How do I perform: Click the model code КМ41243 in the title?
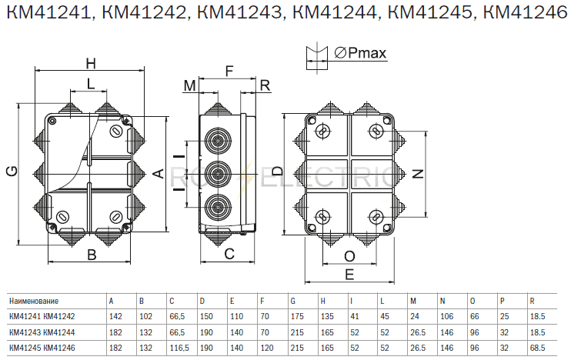pos(239,12)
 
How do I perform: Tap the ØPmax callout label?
pos(360,53)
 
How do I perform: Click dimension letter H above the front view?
pos(91,63)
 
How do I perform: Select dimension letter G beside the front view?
pos(12,171)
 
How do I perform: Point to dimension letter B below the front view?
pos(92,255)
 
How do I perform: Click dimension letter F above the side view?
pos(229,71)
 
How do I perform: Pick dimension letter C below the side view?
pos(229,254)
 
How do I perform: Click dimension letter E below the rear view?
pos(349,274)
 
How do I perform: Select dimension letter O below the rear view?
pos(349,257)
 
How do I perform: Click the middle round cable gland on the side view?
pos(218,174)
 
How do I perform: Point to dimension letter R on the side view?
pos(265,85)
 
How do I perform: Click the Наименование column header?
pos(34,301)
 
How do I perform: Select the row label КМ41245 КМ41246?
pos(42,348)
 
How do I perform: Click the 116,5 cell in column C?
pos(179,348)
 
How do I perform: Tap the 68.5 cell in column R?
pos(537,348)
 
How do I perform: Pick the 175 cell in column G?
pos(297,316)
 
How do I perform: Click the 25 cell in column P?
pos(504,316)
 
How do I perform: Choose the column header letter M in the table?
pos(413,301)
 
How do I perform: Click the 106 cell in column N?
pos(447,316)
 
